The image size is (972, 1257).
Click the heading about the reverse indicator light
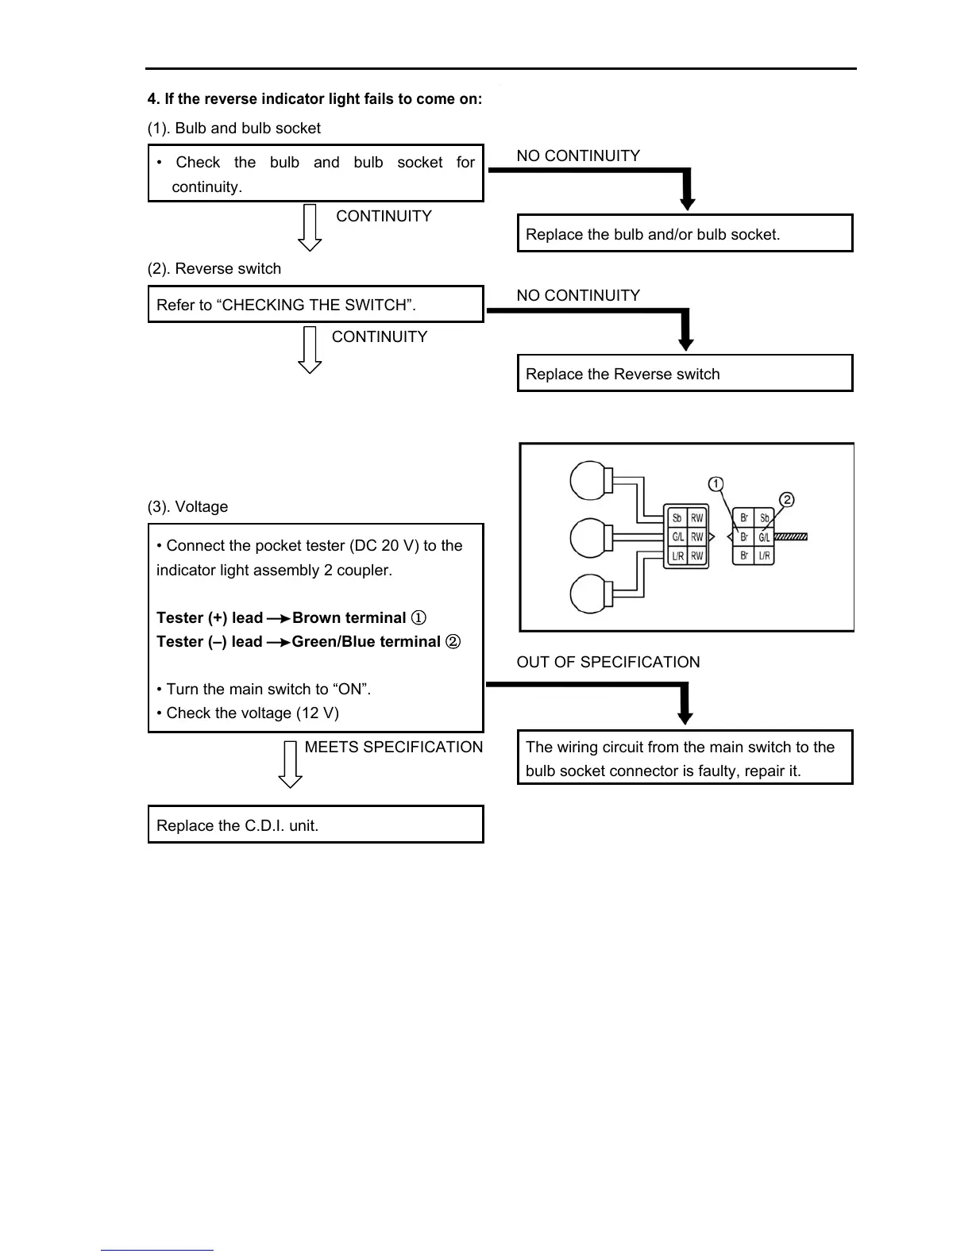tap(314, 99)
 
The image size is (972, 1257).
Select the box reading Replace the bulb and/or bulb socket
tap(685, 233)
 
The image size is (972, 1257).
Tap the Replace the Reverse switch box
tap(685, 374)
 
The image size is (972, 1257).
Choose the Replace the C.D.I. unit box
tap(315, 825)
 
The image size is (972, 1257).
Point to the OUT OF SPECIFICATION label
tap(608, 662)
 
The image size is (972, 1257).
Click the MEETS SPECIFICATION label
tap(393, 747)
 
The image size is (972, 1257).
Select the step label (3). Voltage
tap(188, 506)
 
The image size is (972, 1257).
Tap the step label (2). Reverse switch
tap(214, 268)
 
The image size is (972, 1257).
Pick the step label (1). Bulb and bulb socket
tap(234, 128)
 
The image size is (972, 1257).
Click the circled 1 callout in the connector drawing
tap(715, 484)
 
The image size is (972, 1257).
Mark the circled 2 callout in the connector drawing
tap(786, 500)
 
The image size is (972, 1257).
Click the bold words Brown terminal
tap(349, 617)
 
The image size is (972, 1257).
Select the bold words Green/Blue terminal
tap(366, 641)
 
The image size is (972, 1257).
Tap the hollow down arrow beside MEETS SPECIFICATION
tap(291, 765)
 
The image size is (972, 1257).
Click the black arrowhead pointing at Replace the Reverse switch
tap(686, 344)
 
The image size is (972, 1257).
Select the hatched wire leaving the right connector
tap(791, 536)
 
